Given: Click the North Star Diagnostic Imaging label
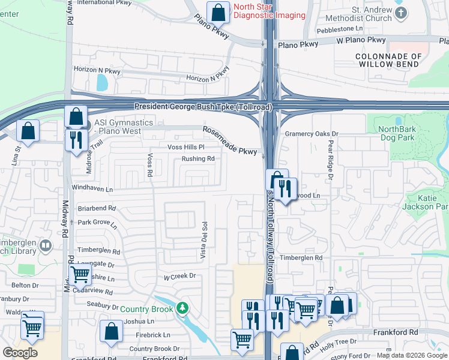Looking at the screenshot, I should [x=269, y=11].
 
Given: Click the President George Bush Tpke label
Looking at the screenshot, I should [x=203, y=106].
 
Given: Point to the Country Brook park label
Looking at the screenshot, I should [x=146, y=310].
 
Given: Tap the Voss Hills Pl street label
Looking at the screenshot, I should [x=185, y=147].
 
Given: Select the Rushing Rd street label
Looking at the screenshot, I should [x=198, y=159].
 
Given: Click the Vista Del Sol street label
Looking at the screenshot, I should [x=204, y=241].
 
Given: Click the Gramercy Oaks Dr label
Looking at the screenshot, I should [x=312, y=134].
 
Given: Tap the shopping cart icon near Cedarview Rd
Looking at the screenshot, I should [x=80, y=275].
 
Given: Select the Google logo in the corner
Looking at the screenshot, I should [x=20, y=353].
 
